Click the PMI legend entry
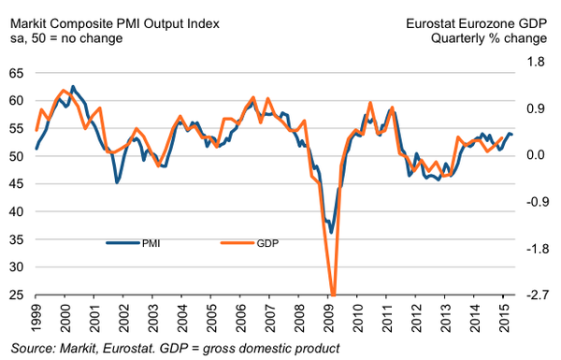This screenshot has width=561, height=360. pyautogui.click(x=133, y=243)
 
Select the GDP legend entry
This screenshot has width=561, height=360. pyautogui.click(x=250, y=243)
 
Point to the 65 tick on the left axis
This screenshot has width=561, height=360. pyautogui.click(x=17, y=73)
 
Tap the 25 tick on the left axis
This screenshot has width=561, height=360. pyautogui.click(x=17, y=295)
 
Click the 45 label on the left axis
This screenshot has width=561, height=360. pyautogui.click(x=17, y=184)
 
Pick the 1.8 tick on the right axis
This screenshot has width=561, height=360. pyautogui.click(x=536, y=62)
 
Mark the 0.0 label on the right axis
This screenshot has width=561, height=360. pyautogui.click(x=536, y=155)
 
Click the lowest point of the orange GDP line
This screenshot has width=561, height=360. pyautogui.click(x=333, y=295)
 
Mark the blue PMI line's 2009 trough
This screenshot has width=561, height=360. pyautogui.click(x=331, y=233)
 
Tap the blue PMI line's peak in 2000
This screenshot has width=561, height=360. pyautogui.click(x=73, y=87)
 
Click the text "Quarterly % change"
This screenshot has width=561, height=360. pyautogui.click(x=489, y=38)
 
